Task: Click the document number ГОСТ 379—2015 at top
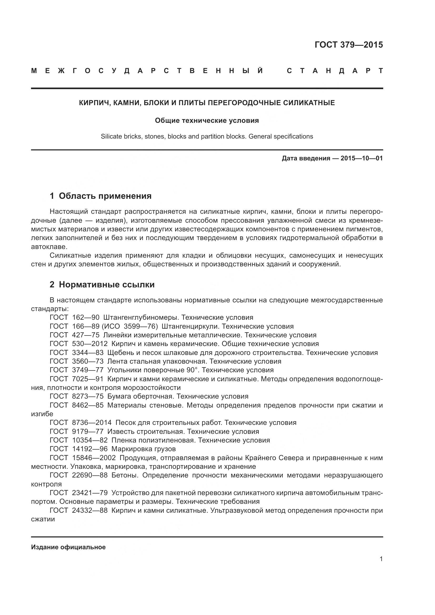pyautogui.click(x=349, y=45)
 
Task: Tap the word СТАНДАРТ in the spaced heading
pyautogui.click(x=335, y=71)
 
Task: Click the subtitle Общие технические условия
pyautogui.click(x=207, y=120)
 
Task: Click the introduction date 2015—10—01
pyautogui.click(x=362, y=158)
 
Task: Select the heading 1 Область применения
pyautogui.click(x=101, y=196)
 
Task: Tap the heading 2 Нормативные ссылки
pyautogui.click(x=102, y=284)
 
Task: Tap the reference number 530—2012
pyautogui.click(x=90, y=344)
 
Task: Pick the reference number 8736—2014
pyautogui.click(x=92, y=423)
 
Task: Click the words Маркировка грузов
pyautogui.click(x=144, y=449)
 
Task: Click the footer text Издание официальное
pyautogui.click(x=68, y=547)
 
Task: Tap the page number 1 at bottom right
pyautogui.click(x=381, y=559)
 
